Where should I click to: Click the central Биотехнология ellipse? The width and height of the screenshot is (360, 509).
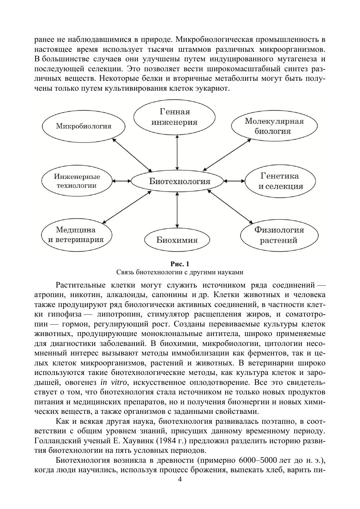coord(177,181)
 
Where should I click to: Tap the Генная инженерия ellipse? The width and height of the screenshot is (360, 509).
coord(174,117)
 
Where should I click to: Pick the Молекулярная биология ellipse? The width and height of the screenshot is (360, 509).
coord(274,126)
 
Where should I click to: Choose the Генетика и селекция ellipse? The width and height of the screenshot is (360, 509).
coord(280,181)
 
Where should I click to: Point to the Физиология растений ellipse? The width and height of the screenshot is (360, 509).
coord(279,235)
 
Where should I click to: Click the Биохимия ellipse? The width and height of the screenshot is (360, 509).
coord(177,240)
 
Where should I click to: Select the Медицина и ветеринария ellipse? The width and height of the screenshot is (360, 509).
coord(76,235)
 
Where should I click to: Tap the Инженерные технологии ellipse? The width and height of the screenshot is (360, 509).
coord(77,181)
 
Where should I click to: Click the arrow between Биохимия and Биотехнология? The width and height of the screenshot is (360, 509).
coord(177,210)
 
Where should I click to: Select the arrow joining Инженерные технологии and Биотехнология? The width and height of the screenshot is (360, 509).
coord(121,181)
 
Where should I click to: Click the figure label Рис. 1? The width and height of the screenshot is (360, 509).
coord(180,264)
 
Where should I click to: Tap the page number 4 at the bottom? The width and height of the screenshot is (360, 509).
coord(180,479)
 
